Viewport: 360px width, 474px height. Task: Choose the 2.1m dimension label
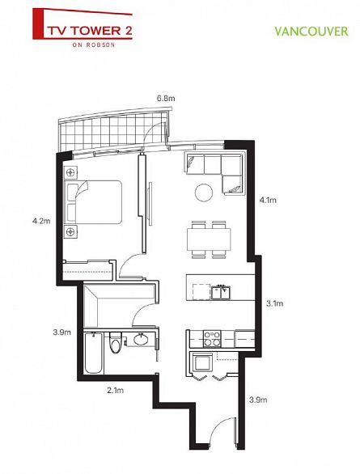(116, 390)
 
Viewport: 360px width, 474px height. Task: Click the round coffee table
(205, 192)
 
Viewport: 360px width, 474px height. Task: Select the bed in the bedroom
(95, 202)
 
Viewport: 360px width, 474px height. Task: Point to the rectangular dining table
(207, 239)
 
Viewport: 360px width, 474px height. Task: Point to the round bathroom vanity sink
(143, 340)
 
